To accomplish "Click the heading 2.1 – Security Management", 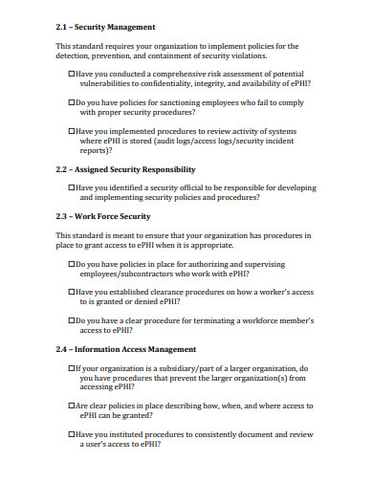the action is [x=105, y=28].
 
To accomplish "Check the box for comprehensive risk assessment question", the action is [x=72, y=73].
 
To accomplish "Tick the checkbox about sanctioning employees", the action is [x=72, y=100].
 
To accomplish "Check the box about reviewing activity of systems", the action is [x=72, y=132].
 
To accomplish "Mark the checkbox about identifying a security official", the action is [x=72, y=187].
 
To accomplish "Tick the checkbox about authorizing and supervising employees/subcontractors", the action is [x=72, y=262].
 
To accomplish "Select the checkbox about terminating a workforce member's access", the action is [x=72, y=321].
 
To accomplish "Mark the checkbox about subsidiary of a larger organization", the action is [x=72, y=367].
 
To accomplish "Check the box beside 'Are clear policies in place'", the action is [x=72, y=406].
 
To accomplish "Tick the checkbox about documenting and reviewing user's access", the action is [x=72, y=434].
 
